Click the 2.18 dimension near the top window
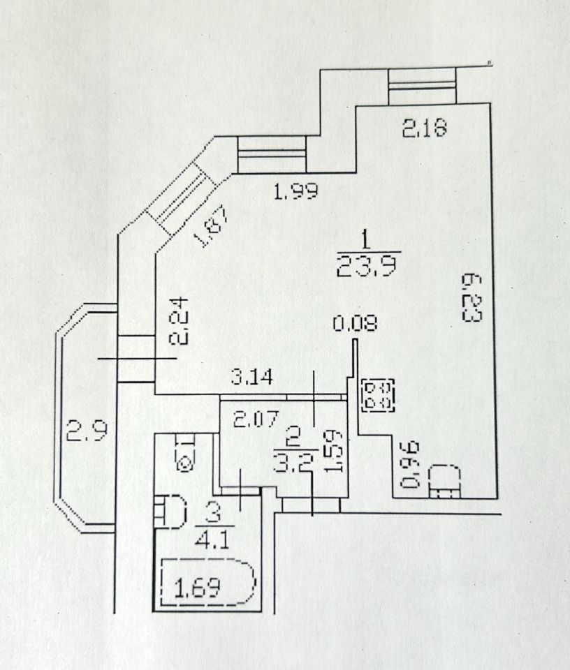[423, 128]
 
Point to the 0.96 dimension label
[412, 464]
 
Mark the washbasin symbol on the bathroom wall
[170, 512]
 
